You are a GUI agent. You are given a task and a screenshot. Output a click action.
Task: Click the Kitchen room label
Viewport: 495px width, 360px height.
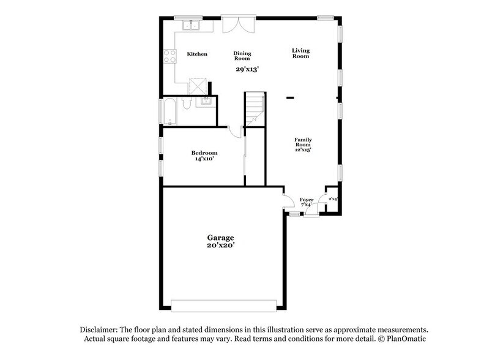pyautogui.click(x=197, y=54)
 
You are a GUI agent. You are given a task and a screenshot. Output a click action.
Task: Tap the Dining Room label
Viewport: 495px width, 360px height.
pyautogui.click(x=242, y=56)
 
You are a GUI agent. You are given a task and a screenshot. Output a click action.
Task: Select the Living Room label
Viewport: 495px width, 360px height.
pyautogui.click(x=300, y=53)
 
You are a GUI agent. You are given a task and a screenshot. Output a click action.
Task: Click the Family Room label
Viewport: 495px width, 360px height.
pyautogui.click(x=303, y=144)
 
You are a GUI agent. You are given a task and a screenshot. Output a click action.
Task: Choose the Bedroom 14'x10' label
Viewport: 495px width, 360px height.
pyautogui.click(x=204, y=156)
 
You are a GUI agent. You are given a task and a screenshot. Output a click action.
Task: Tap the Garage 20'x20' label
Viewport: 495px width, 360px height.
pyautogui.click(x=220, y=241)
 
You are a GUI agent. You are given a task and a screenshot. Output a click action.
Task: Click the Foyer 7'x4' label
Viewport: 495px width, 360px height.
pyautogui.click(x=307, y=202)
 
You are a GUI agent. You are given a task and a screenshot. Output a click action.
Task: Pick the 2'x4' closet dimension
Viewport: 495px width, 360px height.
pyautogui.click(x=333, y=199)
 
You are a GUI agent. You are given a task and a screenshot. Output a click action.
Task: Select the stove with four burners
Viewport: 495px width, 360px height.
pyautogui.click(x=169, y=56)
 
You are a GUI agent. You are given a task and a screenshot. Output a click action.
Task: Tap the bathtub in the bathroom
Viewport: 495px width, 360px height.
pyautogui.click(x=169, y=111)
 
